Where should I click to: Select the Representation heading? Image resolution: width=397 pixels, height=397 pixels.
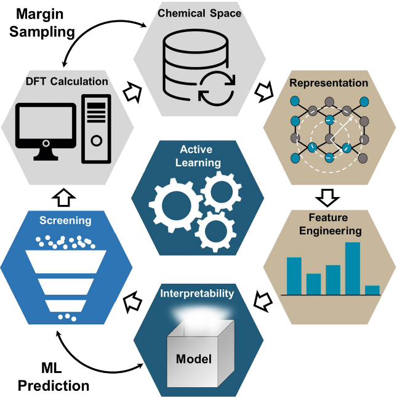click(x=330, y=82)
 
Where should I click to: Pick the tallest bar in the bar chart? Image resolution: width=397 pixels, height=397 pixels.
click(x=352, y=268)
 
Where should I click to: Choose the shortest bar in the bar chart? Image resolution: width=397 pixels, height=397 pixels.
click(x=372, y=290)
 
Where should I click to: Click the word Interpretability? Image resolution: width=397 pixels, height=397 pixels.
click(x=198, y=293)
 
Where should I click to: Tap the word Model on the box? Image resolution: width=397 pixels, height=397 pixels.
click(x=194, y=359)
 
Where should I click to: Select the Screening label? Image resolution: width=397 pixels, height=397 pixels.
click(x=66, y=220)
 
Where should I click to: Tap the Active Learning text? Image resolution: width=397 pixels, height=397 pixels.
click(x=198, y=156)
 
